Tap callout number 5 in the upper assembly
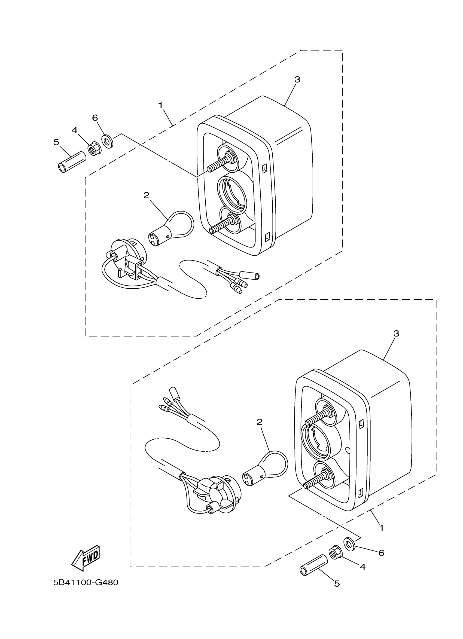click(56, 142)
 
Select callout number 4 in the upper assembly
click(74, 130)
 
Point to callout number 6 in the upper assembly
click(95, 118)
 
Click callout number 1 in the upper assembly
click(161, 105)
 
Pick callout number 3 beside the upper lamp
click(297, 80)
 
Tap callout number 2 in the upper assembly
click(146, 195)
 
